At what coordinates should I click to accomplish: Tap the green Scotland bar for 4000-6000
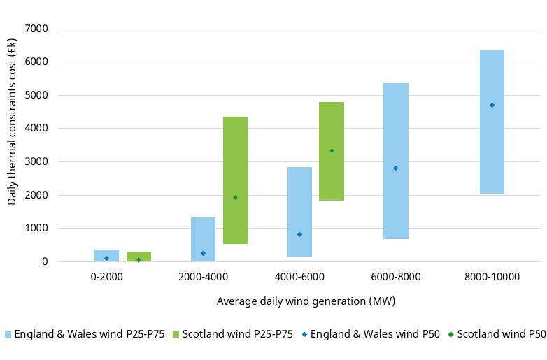tap(332, 182)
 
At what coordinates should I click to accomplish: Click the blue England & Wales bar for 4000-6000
tap(299, 196)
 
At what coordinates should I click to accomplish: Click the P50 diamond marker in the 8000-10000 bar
tap(492, 105)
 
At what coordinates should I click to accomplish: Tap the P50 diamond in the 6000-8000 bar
tap(395, 168)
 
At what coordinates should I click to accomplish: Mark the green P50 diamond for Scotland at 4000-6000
tap(332, 150)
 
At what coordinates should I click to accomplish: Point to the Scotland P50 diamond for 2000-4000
tap(235, 197)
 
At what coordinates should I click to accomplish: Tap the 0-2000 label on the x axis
tap(106, 277)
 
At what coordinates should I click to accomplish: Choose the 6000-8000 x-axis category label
tap(395, 277)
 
